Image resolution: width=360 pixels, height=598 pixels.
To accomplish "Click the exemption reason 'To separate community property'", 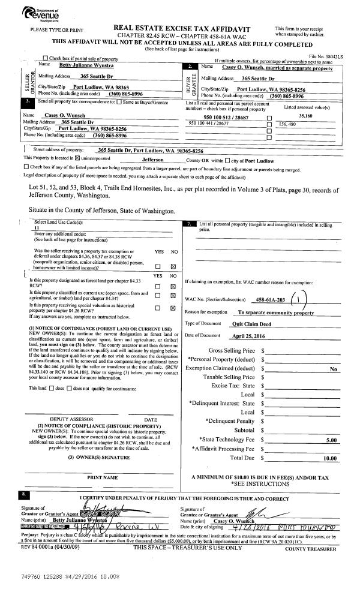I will pyautogui.click(x=275, y=312).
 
